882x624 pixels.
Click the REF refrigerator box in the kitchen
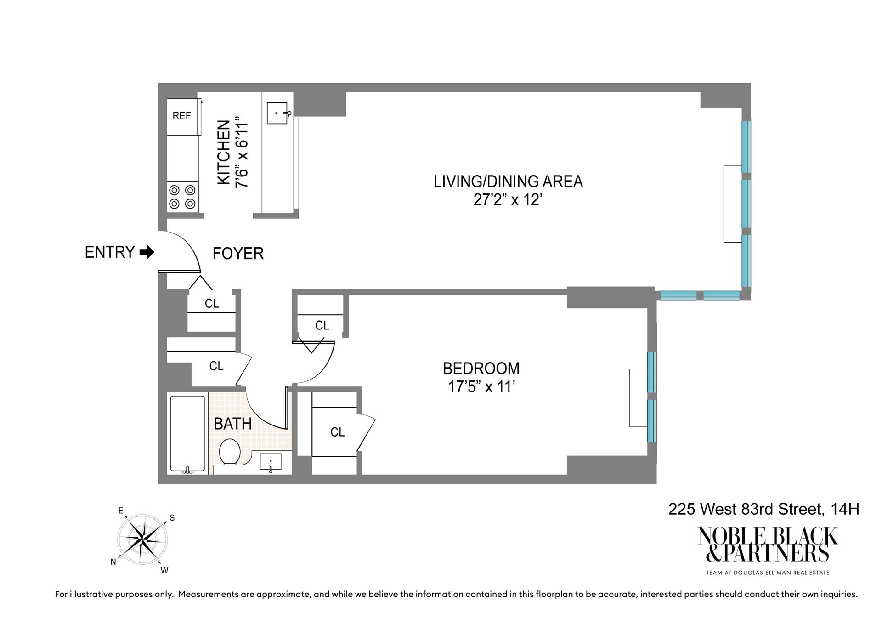tap(182, 116)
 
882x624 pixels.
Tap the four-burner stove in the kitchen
tap(182, 196)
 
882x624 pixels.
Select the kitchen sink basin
tap(277, 113)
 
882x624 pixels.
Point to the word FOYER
tap(238, 254)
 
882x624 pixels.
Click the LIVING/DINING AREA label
tap(508, 182)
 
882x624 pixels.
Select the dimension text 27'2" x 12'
tap(508, 200)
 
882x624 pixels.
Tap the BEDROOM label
tap(481, 369)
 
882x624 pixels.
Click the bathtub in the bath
tap(187, 433)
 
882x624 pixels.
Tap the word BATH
tap(232, 424)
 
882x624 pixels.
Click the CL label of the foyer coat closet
tap(212, 304)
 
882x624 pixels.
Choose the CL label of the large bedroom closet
tap(337, 432)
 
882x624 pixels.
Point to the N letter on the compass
tap(113, 562)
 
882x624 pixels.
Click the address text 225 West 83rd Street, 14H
tap(763, 509)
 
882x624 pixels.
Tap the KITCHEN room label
tap(224, 153)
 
